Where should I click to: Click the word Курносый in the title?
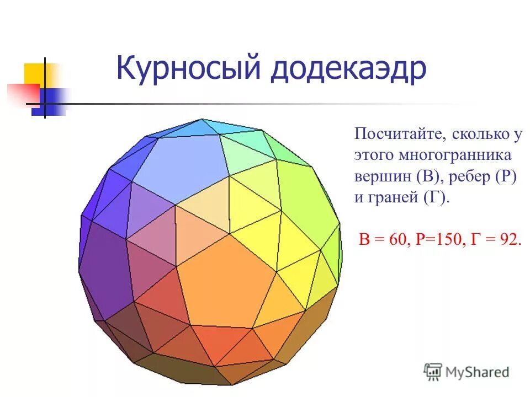tap(188, 71)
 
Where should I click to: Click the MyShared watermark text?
tap(478, 372)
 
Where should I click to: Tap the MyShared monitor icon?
tap(433, 371)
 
